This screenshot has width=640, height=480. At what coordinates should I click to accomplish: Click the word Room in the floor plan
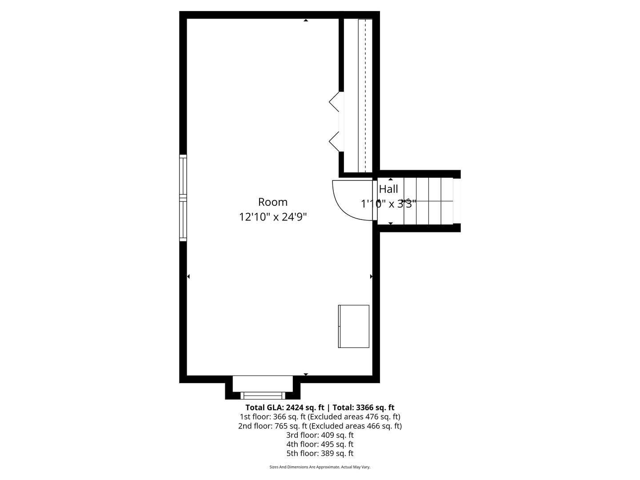pos(272,202)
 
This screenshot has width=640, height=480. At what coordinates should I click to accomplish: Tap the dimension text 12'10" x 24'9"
pos(273,217)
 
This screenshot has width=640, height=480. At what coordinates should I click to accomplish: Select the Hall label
pos(388,189)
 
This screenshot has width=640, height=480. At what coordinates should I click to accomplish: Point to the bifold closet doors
pos(334,122)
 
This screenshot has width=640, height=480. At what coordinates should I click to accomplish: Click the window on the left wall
pos(183,198)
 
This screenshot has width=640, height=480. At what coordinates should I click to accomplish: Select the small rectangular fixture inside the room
pos(354,326)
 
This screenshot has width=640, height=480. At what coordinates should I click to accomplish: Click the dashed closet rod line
pos(365,96)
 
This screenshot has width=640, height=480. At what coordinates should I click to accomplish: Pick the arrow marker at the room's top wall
pos(306,20)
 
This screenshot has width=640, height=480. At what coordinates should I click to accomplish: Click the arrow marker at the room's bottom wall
pos(306,374)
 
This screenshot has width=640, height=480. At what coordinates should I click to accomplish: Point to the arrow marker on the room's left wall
pos(188,276)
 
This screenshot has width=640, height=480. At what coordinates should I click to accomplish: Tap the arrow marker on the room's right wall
pos(371,276)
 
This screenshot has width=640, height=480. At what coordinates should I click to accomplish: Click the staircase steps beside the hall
pos(428,201)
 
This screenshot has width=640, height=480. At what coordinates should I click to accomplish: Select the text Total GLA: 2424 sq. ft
pos(285,408)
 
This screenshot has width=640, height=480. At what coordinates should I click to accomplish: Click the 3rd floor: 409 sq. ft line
pos(320,435)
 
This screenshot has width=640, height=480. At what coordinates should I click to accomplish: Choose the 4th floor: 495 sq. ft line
pos(320,444)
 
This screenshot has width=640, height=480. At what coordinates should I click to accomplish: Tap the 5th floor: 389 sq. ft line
pos(320,453)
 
